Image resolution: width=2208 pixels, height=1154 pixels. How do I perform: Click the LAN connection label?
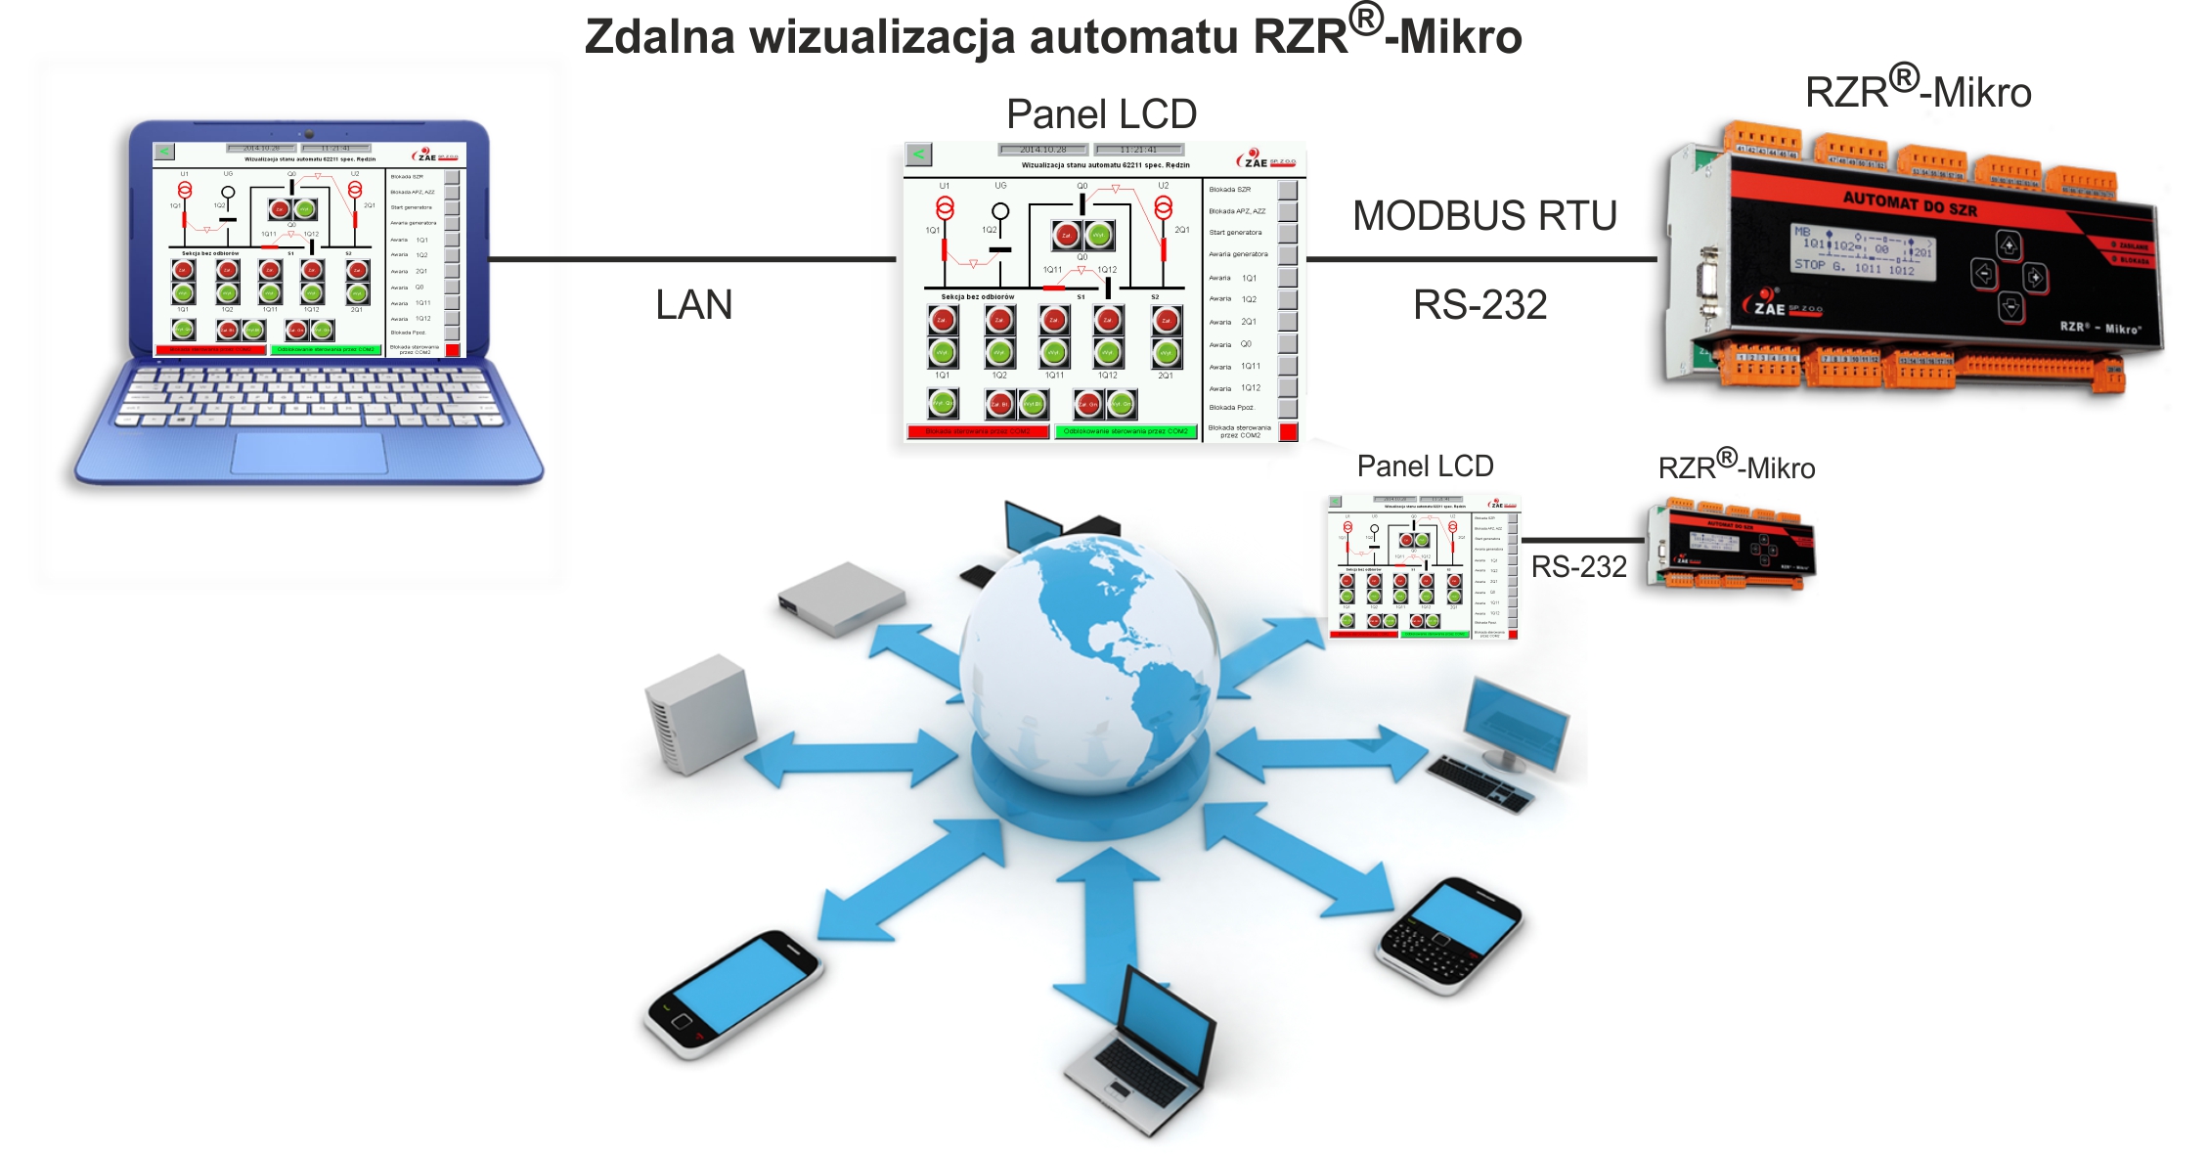[x=693, y=305]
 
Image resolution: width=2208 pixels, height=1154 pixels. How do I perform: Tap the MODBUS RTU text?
[x=1484, y=216]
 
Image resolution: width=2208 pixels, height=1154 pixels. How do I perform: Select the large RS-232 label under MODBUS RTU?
[x=1479, y=305]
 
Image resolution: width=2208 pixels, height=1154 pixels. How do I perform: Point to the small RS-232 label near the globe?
[x=1578, y=567]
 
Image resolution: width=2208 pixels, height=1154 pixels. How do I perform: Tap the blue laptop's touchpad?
[x=309, y=452]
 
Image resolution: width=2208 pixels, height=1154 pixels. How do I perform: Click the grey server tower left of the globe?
[x=700, y=713]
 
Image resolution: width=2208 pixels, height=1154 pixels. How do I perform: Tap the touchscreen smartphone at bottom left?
[x=733, y=993]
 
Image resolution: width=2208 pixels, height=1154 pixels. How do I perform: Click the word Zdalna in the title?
[x=659, y=37]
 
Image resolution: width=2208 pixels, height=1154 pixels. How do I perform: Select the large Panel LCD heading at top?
[x=1101, y=114]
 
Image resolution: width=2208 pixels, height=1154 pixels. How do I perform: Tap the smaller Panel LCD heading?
[x=1425, y=466]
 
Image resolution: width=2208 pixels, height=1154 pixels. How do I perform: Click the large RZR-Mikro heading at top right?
[x=1918, y=92]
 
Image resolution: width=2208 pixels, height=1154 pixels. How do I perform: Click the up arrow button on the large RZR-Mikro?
[x=2009, y=244]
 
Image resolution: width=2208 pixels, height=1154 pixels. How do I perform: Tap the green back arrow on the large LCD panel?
[x=918, y=155]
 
